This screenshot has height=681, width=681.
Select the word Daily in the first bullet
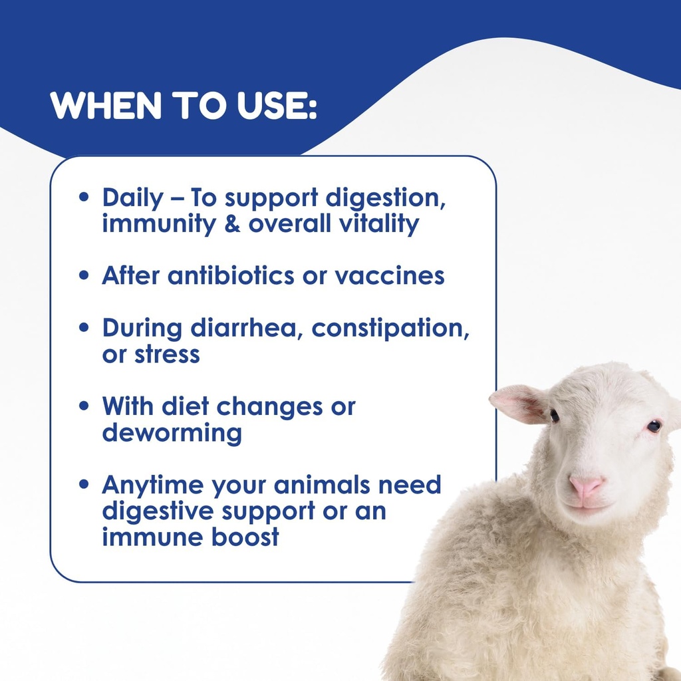pyautogui.click(x=132, y=199)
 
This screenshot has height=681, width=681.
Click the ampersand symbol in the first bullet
pyautogui.click(x=231, y=224)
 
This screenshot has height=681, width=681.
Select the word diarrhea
pyautogui.click(x=245, y=329)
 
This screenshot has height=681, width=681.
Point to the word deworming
pyautogui.click(x=172, y=433)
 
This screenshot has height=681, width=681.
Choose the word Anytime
pyautogui.click(x=152, y=485)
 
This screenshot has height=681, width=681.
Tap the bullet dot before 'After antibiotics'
pyautogui.click(x=84, y=275)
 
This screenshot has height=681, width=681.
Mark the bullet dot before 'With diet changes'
pyautogui.click(x=84, y=406)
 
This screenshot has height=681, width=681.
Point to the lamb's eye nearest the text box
pyautogui.click(x=554, y=416)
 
